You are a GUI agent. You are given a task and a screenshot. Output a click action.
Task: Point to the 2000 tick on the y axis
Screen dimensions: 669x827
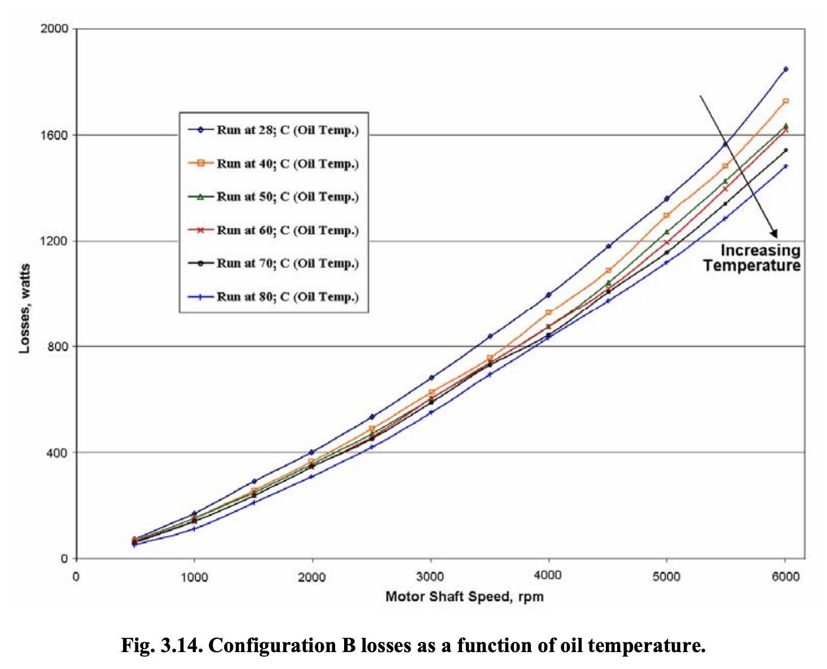point(54,29)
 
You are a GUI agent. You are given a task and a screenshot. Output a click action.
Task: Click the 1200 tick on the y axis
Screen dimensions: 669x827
point(54,241)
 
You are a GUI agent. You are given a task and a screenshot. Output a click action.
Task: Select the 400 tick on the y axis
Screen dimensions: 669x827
point(56,452)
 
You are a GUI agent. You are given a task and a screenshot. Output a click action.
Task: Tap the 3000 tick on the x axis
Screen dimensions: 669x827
point(430,576)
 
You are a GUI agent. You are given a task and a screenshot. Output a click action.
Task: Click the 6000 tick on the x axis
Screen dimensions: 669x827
point(785,576)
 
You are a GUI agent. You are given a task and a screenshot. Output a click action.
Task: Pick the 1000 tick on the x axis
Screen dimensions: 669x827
point(194,576)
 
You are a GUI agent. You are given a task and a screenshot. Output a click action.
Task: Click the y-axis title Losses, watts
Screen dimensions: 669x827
point(24,309)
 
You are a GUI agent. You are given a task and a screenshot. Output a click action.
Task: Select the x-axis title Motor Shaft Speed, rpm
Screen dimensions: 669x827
point(464,597)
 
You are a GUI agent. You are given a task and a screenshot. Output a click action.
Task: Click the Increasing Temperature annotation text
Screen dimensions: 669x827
point(753,258)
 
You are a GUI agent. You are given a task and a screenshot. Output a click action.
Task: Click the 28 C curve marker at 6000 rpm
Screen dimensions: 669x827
point(785,69)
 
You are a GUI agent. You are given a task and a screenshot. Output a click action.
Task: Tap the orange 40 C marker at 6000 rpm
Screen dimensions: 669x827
point(785,102)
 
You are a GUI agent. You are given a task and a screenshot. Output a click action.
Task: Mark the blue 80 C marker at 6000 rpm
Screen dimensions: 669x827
point(785,166)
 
